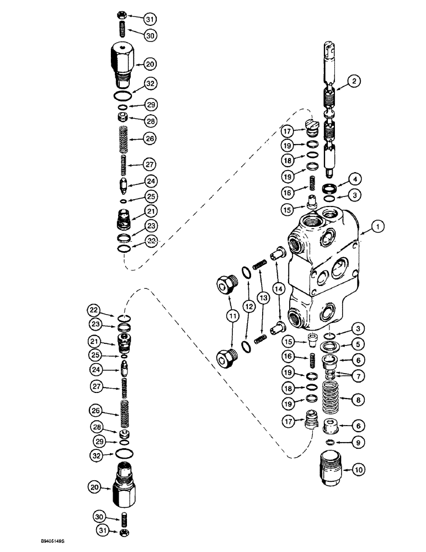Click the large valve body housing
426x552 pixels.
[323, 265]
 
